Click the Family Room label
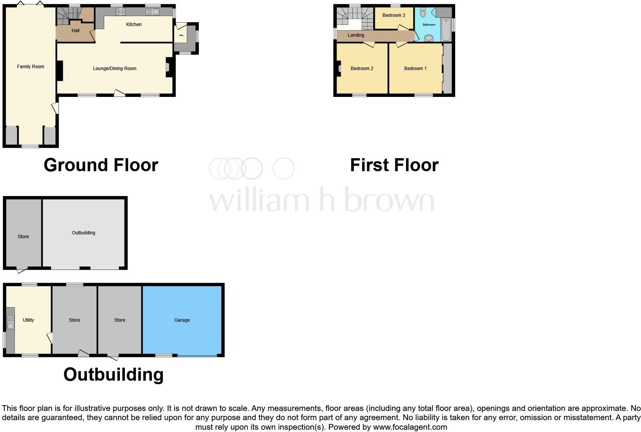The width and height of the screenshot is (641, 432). point(31,67)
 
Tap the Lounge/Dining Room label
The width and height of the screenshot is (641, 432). point(115,69)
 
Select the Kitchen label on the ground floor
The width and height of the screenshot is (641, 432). point(134,25)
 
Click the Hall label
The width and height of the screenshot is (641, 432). point(75,31)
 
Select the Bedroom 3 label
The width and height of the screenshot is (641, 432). point(393,15)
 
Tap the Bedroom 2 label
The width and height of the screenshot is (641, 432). point(362,69)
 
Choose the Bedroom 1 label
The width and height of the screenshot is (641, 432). point(415,69)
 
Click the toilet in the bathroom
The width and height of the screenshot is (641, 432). point(423,13)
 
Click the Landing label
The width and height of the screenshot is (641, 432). point(356,35)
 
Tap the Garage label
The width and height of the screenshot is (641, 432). point(182,320)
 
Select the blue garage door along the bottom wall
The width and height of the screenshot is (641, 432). point(197,356)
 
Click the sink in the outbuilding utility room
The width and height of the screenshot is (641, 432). point(10,326)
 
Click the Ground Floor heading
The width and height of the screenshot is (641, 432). point(101,165)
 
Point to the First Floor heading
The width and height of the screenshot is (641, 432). point(394,165)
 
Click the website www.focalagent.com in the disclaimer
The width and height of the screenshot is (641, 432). point(410,427)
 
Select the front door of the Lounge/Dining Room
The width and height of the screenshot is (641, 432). point(119,93)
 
